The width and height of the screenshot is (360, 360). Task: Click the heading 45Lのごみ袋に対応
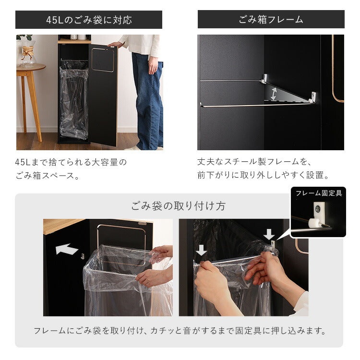89,20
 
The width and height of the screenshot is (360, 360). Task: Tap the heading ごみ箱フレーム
271,20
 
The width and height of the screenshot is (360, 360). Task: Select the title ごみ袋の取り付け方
179,206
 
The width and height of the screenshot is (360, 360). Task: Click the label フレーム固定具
318,193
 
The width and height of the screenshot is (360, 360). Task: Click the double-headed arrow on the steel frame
273,93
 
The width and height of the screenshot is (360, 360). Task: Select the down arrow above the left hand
202,250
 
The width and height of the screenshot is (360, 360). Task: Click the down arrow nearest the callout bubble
269,234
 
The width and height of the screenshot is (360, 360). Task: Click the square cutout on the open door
103,60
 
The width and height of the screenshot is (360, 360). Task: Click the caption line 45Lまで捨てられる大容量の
71,162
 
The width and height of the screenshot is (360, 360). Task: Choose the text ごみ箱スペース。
47,176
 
